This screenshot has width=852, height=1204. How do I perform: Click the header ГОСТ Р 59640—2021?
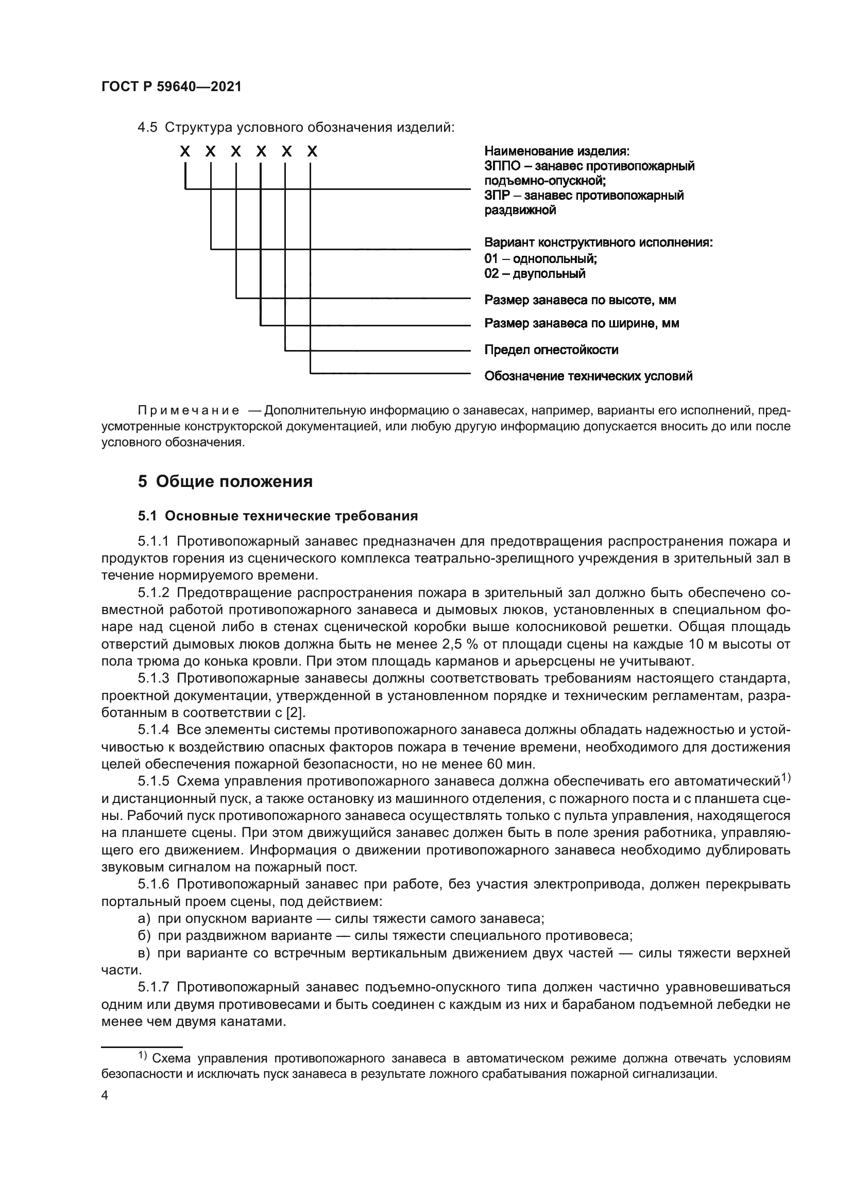pos(171,87)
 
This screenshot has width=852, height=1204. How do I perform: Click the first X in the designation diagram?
pos(185,152)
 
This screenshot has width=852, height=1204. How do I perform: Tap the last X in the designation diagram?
pos(312,152)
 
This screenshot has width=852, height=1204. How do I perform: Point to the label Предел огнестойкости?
pos(551,350)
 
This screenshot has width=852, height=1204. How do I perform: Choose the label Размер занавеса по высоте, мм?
pos(580,300)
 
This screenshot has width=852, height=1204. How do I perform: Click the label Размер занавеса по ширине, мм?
pos(581,323)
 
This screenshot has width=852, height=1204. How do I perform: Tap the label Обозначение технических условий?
pos(588,376)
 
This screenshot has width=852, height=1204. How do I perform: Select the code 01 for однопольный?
pos(491,258)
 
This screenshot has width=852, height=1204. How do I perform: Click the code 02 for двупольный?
pos(491,273)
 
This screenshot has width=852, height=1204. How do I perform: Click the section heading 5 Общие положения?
pos(225,481)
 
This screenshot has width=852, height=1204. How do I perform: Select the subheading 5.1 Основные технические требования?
pos(278,516)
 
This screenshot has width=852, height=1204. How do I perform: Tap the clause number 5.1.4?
pos(154,730)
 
